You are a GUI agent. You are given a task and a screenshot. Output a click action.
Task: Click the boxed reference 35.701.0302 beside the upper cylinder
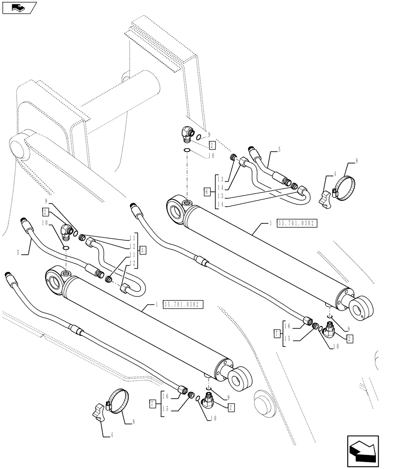[x=298, y=223]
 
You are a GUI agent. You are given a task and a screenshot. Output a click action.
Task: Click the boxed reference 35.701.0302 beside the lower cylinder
[x=183, y=304]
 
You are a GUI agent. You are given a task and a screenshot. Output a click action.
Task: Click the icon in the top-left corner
[x=19, y=8]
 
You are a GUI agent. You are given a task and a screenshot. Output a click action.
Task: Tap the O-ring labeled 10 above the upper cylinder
[x=187, y=150]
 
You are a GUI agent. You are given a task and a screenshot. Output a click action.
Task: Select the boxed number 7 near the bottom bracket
[x=153, y=403]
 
